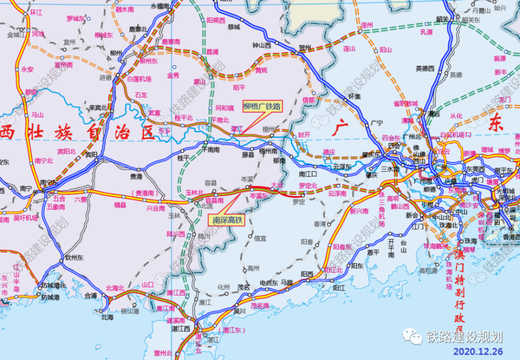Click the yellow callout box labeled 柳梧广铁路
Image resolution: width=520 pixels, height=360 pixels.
pos(262,107)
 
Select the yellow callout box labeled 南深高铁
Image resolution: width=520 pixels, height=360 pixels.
pos(226,220)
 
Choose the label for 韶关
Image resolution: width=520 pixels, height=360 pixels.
pos(443,19)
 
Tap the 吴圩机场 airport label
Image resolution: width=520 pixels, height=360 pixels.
pos(25,217)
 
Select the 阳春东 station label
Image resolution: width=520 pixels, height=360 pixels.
pos(343,247)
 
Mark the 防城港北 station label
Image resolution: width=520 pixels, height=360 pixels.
pos(54,285)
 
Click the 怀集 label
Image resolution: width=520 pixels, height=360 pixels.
pos(355,96)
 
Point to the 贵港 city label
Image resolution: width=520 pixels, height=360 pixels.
pos(136,177)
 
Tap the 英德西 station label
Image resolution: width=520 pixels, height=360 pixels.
pos(425,68)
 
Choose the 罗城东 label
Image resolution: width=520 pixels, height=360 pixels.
pos(75,19)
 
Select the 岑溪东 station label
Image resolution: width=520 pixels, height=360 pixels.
pos(258,196)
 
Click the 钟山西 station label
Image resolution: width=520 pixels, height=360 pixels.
pos(262,45)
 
